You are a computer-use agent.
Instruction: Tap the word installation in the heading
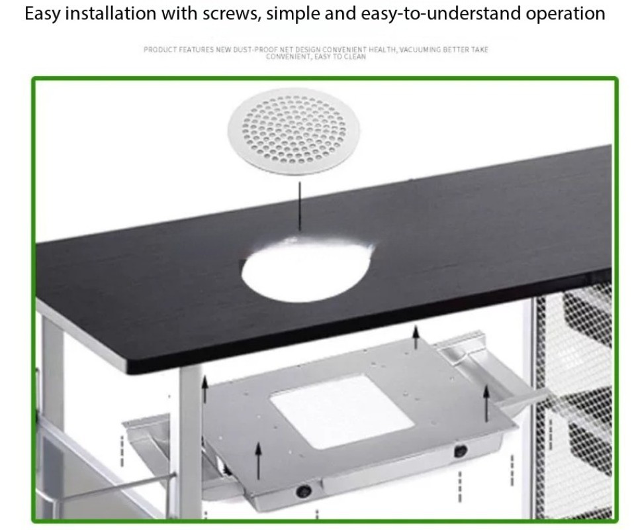[x=111, y=14]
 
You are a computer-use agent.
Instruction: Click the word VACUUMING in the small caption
[x=420, y=50]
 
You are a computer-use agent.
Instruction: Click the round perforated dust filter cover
[x=294, y=132]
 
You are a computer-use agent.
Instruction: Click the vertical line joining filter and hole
[x=300, y=205]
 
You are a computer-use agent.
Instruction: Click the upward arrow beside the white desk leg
[x=204, y=389]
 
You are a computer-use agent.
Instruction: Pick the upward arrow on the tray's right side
[x=486, y=403]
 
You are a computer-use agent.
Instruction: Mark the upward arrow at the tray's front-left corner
[x=258, y=460]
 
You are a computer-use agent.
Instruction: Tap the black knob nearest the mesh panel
[x=460, y=450]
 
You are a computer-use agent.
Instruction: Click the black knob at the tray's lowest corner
[x=303, y=491]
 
